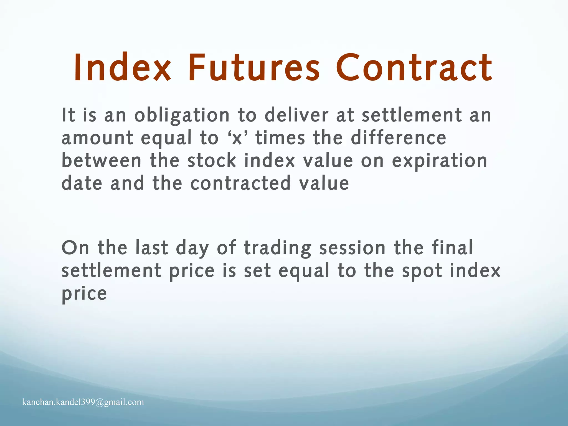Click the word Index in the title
pos(122,68)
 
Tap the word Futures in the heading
pos(254,68)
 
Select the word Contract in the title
pos(414,68)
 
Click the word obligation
pos(182,115)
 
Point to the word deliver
pos(296,115)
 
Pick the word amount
pos(97,138)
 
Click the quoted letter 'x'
pos(237,138)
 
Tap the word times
pos(280,138)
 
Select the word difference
pos(398,138)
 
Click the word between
pos(101,161)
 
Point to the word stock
pos(212,161)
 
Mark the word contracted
pos(240,184)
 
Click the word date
pos(82,184)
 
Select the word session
pos(352,248)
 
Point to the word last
pos(152,248)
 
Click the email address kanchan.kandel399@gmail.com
pos(83,402)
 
